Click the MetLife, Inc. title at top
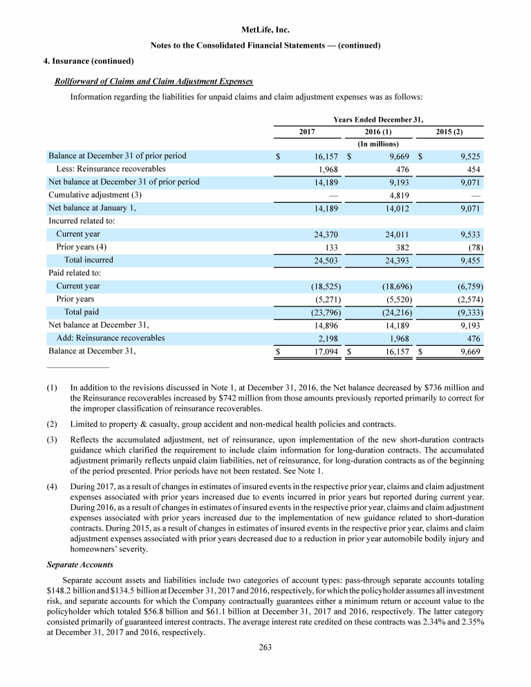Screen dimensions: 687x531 click(265, 30)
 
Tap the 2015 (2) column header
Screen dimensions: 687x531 click(449, 131)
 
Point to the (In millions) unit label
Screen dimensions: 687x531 click(379, 143)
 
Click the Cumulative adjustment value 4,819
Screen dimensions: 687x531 click(396, 195)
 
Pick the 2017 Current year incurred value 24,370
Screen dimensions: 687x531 click(326, 235)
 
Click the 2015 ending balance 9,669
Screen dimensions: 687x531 click(468, 351)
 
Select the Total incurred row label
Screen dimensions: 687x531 click(88, 260)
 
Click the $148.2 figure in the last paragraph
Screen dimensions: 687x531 click(53, 589)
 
